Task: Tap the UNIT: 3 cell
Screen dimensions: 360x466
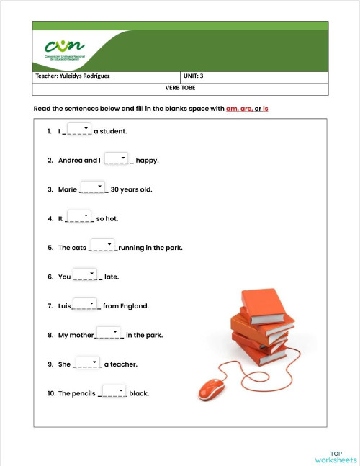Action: click(x=194, y=76)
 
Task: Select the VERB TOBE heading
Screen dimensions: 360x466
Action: click(x=180, y=88)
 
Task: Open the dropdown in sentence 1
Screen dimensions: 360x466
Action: click(x=79, y=129)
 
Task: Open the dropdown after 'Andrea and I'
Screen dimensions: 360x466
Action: click(x=117, y=158)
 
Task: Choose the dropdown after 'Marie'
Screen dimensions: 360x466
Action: click(x=93, y=187)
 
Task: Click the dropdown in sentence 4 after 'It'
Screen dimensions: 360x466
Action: click(x=79, y=216)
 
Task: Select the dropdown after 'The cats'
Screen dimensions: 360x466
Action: click(x=103, y=246)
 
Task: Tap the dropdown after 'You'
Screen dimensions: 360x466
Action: click(x=86, y=274)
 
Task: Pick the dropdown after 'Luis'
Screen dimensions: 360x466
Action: click(x=86, y=304)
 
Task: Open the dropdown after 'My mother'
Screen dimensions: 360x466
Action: click(x=109, y=333)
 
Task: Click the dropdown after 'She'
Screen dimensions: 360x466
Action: click(x=87, y=362)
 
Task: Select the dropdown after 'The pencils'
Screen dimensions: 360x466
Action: click(x=114, y=391)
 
